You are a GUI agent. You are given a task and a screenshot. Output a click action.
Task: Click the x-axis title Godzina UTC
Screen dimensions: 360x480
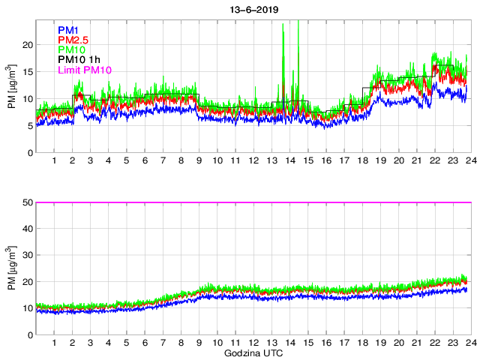click(x=253, y=352)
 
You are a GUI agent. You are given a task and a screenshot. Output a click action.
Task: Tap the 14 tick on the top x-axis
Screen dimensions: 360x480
click(x=289, y=161)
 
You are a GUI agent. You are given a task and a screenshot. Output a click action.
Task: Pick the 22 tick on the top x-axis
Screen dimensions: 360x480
click(x=435, y=161)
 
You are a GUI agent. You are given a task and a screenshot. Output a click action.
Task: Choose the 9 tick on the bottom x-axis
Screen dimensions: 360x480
click(x=199, y=343)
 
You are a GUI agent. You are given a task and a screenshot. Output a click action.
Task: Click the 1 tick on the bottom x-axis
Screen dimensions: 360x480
click(x=54, y=343)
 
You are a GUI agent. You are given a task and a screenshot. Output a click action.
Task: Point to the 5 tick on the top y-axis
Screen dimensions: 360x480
click(x=28, y=126)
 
